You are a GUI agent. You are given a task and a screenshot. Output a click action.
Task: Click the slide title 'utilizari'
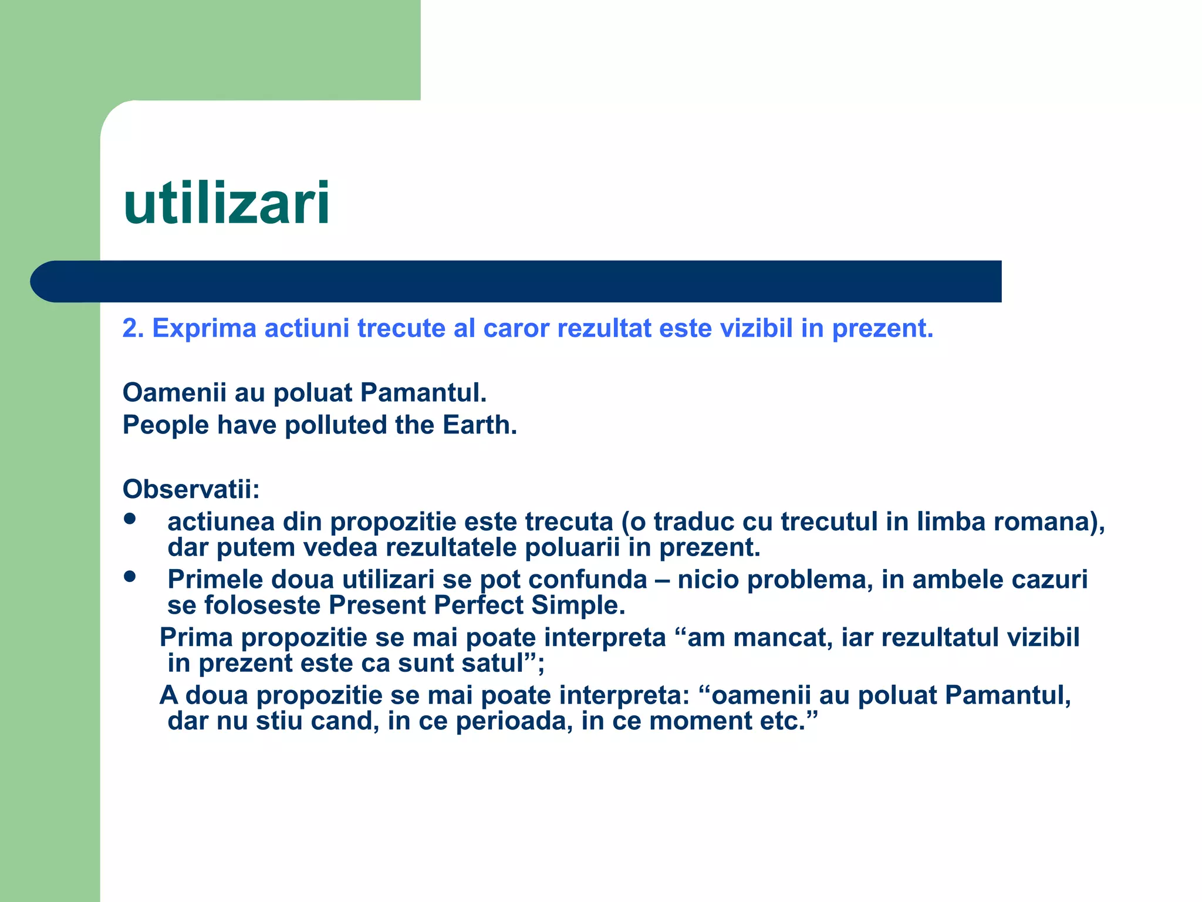(x=227, y=203)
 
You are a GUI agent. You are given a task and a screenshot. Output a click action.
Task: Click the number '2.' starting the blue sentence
(x=133, y=328)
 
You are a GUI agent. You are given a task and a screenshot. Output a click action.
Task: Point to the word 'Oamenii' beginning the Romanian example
(x=174, y=392)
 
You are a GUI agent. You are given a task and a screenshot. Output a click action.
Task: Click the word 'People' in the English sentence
(x=166, y=425)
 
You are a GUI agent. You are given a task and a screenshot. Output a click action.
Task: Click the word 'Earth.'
(x=480, y=425)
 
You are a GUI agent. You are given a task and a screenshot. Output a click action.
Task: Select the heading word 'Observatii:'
(x=191, y=489)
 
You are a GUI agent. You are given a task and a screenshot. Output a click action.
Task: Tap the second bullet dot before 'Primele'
(x=130, y=577)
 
